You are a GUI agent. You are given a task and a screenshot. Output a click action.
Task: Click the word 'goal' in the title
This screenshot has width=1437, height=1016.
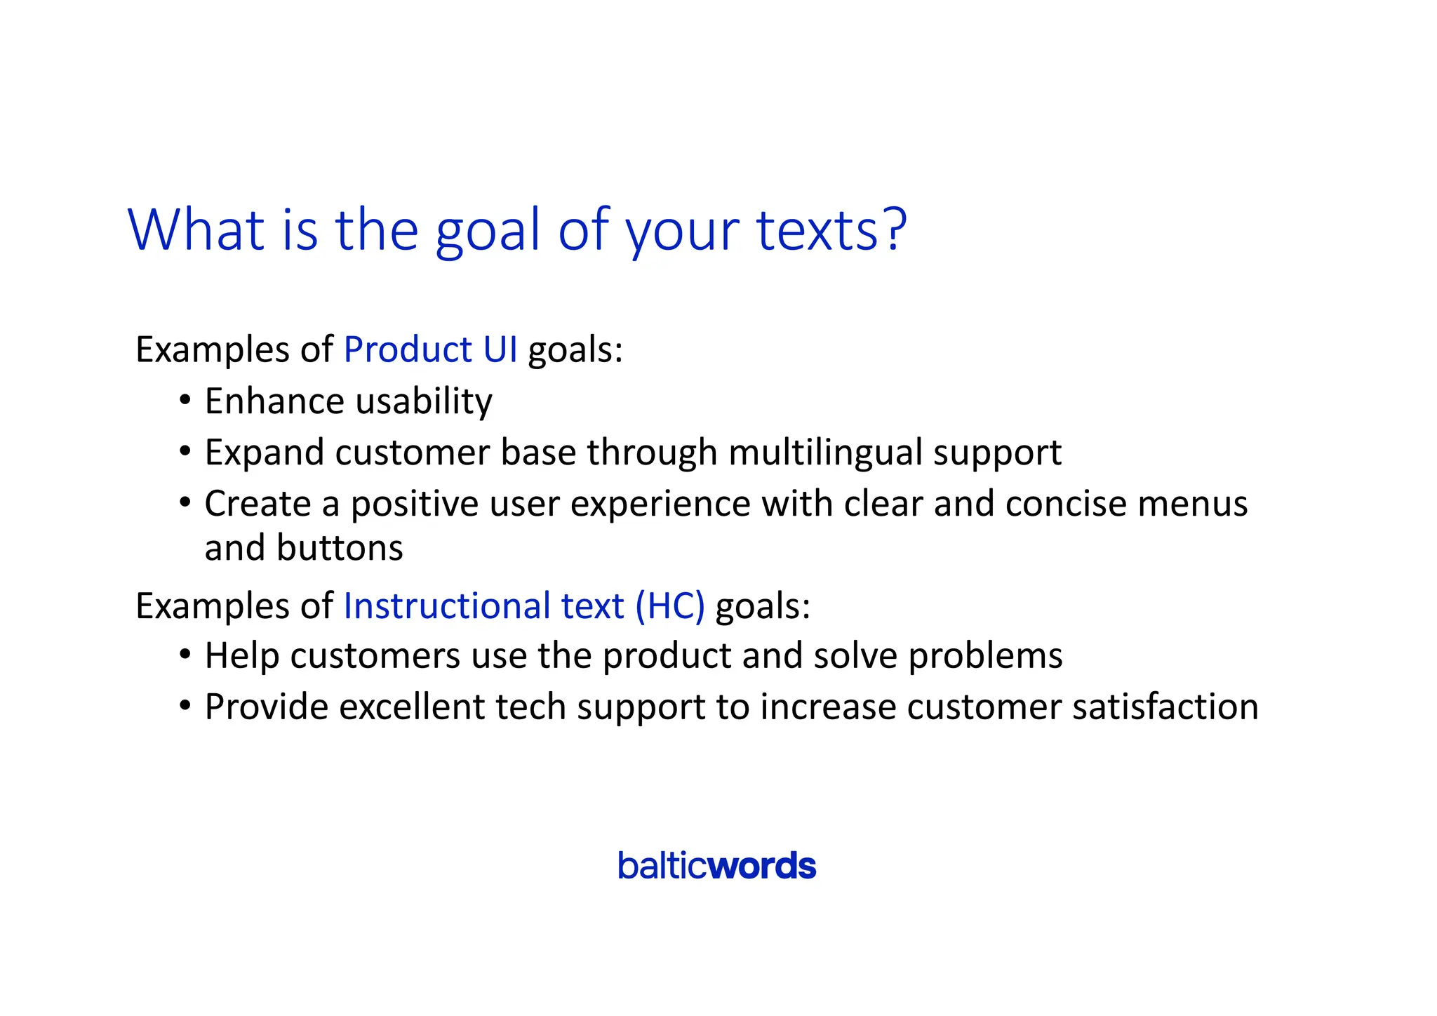pyautogui.click(x=488, y=232)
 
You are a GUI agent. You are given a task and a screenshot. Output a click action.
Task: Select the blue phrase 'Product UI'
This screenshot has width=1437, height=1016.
pyautogui.click(x=430, y=349)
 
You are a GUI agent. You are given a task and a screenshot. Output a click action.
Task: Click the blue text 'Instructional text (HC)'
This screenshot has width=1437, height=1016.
pyautogui.click(x=523, y=606)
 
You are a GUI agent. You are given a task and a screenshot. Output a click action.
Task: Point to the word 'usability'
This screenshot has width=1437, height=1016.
pyautogui.click(x=424, y=402)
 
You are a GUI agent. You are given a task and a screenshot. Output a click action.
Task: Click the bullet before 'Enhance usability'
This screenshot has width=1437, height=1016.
pyautogui.click(x=185, y=401)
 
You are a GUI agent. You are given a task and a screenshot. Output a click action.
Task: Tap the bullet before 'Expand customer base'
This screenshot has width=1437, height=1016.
pyautogui.click(x=185, y=451)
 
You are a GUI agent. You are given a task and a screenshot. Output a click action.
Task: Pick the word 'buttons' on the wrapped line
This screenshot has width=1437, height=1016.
pyautogui.click(x=340, y=548)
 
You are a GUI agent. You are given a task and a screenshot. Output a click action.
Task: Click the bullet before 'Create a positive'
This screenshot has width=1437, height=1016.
pyautogui.click(x=185, y=502)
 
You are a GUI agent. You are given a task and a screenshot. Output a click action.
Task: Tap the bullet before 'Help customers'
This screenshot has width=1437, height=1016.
pyautogui.click(x=185, y=655)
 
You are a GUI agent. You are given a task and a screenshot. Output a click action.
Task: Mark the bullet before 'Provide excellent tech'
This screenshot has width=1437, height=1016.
pyautogui.click(x=185, y=705)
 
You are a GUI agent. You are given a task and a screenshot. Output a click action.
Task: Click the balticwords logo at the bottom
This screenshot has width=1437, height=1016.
pyautogui.click(x=716, y=866)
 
